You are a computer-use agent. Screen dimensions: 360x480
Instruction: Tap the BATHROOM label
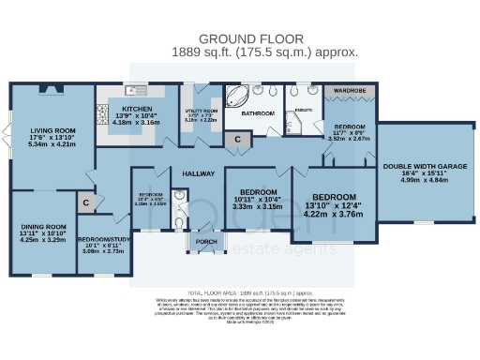258,113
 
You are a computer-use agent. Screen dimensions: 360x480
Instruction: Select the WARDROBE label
351,92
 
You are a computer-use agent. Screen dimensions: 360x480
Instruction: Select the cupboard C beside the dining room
85,202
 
